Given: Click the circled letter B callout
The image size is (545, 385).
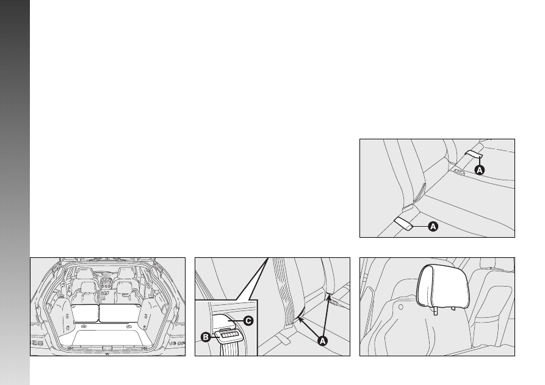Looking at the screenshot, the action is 206,337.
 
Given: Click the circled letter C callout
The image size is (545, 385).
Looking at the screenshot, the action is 248,321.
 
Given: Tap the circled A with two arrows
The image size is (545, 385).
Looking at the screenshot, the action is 323,341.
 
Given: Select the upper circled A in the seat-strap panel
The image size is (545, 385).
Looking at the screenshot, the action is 480,170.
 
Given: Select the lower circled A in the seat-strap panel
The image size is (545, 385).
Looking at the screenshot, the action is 433,227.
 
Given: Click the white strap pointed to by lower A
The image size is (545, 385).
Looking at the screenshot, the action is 403,223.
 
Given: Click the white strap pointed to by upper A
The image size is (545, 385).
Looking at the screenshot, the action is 474,154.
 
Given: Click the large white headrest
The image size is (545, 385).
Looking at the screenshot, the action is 443,286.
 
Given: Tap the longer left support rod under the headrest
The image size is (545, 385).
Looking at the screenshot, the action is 436,310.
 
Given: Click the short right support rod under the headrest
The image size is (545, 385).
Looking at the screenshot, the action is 453,308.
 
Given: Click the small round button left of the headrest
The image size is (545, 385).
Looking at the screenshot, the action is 400,307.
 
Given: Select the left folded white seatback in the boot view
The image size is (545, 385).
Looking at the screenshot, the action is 85,313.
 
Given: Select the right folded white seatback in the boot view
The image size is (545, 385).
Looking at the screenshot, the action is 120,313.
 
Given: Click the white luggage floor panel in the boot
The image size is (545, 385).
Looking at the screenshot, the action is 106,337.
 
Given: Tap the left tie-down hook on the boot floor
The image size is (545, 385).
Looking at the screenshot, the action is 84,326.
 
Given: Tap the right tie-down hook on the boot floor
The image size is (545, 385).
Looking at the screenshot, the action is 128,326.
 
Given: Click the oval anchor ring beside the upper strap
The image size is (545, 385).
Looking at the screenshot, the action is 459,171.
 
